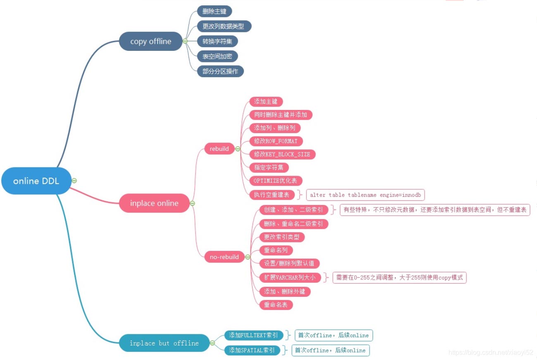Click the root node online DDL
point(36,181)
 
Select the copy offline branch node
point(150,41)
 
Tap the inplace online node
point(154,203)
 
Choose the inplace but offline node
point(164,343)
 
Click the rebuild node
point(220,149)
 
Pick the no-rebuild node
point(224,257)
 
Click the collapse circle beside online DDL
point(74,181)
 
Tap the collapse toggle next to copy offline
point(185,41)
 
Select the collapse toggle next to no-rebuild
point(248,257)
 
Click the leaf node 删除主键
point(214,11)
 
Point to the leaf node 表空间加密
point(217,56)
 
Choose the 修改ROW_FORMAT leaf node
point(276,141)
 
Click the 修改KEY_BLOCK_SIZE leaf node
point(282,154)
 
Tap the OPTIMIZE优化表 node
point(275,181)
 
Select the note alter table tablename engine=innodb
point(365,195)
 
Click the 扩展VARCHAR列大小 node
point(290,278)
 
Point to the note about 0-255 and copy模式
point(399,278)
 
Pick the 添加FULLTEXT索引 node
point(253,335)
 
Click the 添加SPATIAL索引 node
point(252,350)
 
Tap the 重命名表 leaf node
point(276,305)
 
